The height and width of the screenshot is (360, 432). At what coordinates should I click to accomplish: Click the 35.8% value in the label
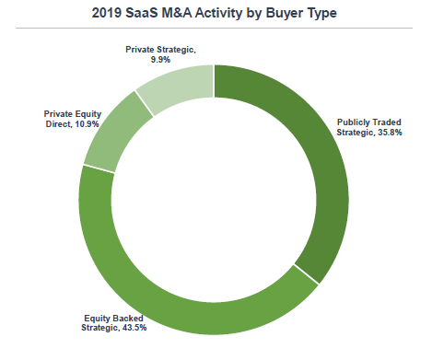tap(390, 133)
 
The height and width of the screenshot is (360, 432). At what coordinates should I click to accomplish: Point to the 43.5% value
tap(134, 328)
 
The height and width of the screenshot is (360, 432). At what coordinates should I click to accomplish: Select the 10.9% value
tap(88, 124)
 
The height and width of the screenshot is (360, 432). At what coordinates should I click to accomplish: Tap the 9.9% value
tap(160, 60)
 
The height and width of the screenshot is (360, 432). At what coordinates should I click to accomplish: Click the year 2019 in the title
tap(106, 13)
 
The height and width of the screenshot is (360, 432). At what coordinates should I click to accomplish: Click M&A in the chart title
tap(177, 13)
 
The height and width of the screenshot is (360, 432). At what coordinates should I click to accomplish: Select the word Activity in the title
tap(218, 14)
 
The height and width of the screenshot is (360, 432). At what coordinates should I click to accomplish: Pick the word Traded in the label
tap(387, 122)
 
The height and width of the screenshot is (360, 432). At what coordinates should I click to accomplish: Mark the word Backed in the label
tap(127, 319)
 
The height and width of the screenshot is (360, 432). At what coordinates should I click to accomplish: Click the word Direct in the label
tap(59, 124)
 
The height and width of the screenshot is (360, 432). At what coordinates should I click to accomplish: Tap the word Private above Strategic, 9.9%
tap(140, 50)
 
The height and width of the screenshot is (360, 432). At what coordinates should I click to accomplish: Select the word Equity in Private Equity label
tap(87, 114)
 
